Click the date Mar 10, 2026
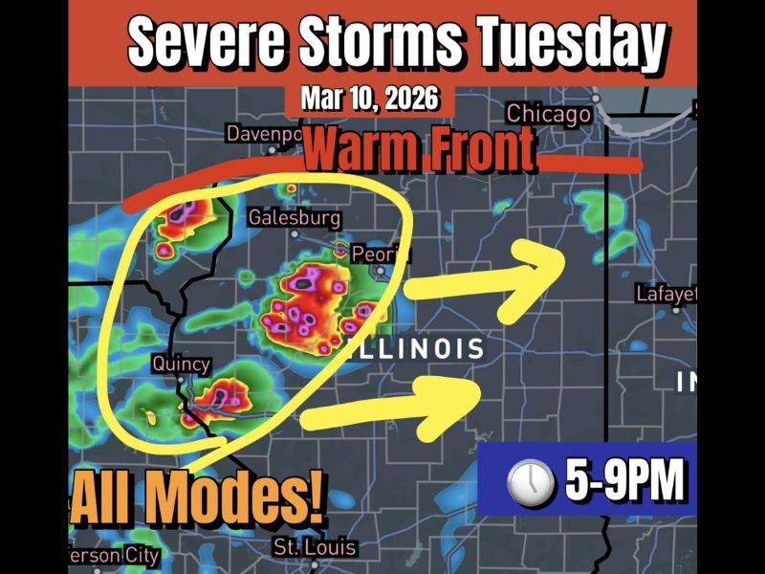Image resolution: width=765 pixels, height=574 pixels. click(369, 99)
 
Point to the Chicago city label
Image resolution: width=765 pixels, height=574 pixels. click(548, 115)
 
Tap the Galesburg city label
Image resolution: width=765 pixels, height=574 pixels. click(294, 218)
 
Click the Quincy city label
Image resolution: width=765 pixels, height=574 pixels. click(181, 364)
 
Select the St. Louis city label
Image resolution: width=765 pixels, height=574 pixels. click(314, 548)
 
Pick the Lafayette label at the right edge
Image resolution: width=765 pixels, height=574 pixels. click(666, 294)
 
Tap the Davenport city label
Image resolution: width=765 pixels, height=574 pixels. click(264, 134)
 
